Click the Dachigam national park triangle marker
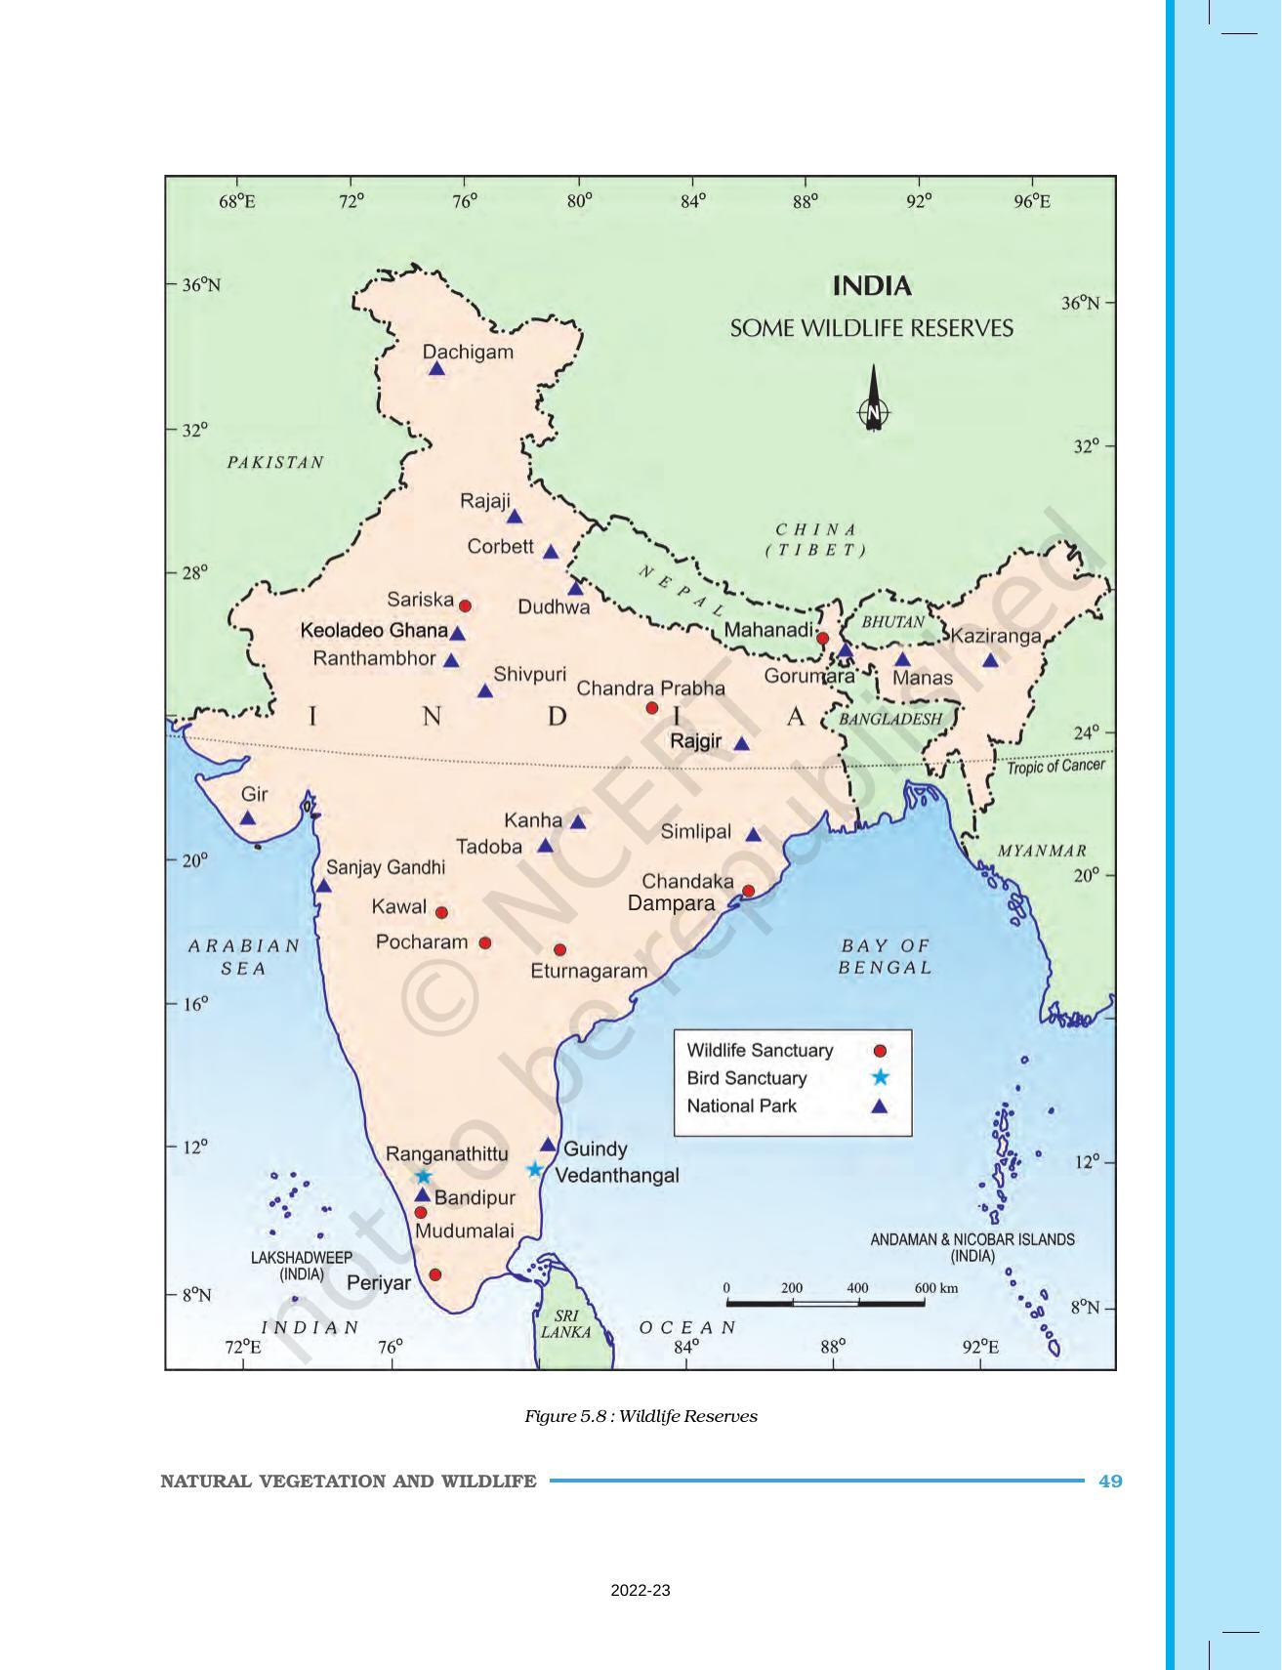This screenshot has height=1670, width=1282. tap(436, 369)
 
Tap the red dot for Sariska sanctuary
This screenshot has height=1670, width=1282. tap(465, 605)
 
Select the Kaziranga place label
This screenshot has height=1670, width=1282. tap(996, 636)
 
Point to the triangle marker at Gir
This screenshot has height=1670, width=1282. tap(248, 818)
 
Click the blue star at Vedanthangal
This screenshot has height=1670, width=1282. tap(534, 1169)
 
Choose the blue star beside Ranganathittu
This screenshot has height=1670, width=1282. tap(423, 1176)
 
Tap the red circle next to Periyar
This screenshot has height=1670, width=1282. tap(435, 1274)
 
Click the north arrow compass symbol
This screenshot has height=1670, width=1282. tap(873, 399)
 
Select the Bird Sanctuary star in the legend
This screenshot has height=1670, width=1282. tap(879, 1077)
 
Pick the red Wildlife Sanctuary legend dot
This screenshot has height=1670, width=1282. tap(879, 1051)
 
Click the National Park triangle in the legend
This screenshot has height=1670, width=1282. tap(879, 1106)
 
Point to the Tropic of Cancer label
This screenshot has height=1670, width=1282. tap(1055, 766)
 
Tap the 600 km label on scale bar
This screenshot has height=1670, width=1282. tap(935, 1288)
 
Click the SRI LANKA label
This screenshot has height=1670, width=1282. tap(566, 1323)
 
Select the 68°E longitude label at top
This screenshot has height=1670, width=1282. tap(237, 201)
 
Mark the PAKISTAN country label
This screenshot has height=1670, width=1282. tap(275, 462)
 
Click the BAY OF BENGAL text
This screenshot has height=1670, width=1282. tap(886, 956)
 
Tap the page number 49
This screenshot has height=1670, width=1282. tap(1110, 1481)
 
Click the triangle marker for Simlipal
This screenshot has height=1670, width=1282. tap(753, 835)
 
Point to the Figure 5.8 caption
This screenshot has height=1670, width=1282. tap(641, 1416)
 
